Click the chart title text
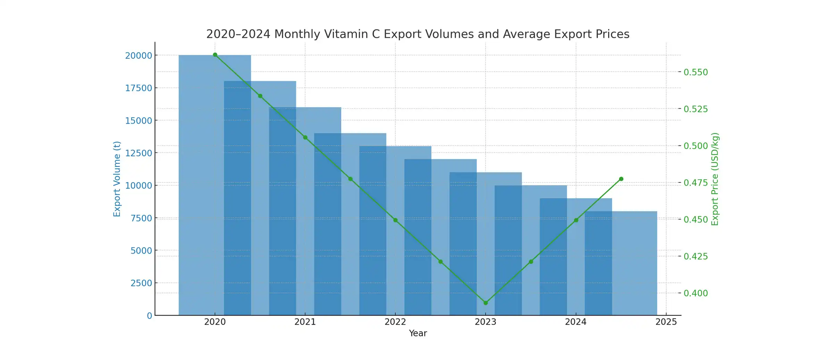418,34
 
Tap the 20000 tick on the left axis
138,56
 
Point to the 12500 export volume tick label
138,153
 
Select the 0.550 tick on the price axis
696,72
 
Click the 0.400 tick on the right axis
696,293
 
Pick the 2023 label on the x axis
485,322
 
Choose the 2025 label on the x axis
666,322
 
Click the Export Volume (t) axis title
117,179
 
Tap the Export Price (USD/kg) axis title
715,179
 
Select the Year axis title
418,333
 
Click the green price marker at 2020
215,55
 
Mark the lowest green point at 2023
486,303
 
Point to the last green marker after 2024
621,179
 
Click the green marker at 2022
395,220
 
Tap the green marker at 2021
305,137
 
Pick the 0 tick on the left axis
150,316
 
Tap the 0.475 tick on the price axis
696,183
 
